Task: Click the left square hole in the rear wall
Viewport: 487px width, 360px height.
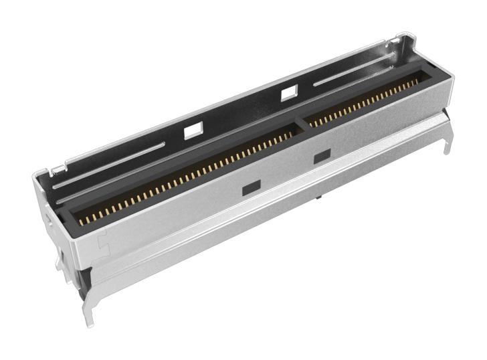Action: point(192,130)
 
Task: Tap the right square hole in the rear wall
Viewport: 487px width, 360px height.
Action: point(289,94)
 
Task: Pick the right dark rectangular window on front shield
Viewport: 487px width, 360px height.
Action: point(322,157)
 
